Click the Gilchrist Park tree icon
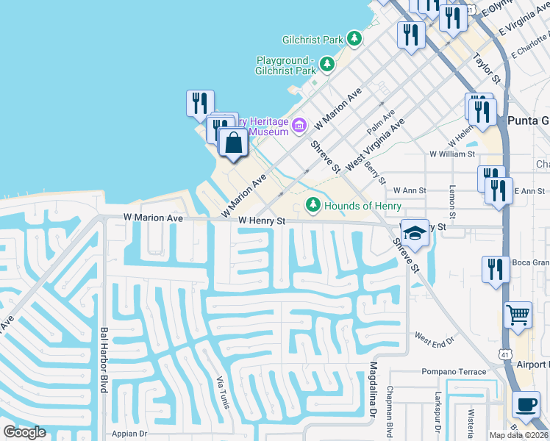pos(354,37)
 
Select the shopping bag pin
pos(233,143)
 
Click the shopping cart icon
pos(518,315)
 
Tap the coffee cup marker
pos(526,404)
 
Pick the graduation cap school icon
pos(415,232)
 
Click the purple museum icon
pos(299,126)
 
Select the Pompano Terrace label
pos(454,372)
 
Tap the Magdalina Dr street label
pos(373,390)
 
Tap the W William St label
pos(453,154)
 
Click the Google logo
pos(24,432)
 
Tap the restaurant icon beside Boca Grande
pos(492,269)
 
